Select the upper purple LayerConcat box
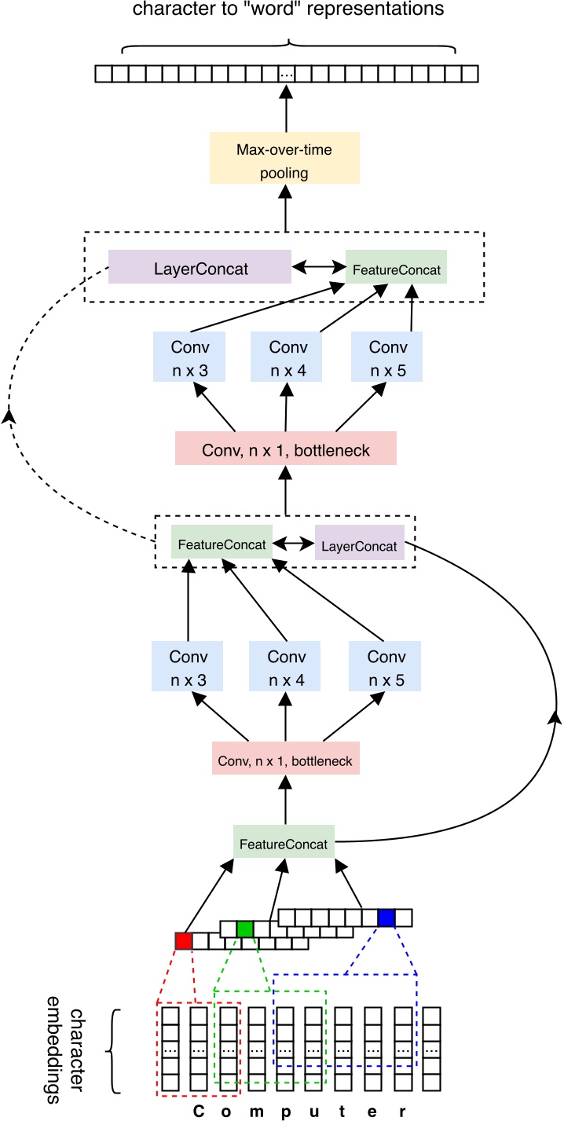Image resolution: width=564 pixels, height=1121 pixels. point(200,268)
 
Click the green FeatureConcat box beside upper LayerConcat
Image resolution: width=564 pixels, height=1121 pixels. point(396,268)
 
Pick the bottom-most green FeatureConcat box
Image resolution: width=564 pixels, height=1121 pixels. point(284,841)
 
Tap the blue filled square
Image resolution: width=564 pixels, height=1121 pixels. point(386,918)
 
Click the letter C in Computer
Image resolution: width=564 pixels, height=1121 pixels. point(198,1112)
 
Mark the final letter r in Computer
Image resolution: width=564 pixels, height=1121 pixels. point(402,1112)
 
